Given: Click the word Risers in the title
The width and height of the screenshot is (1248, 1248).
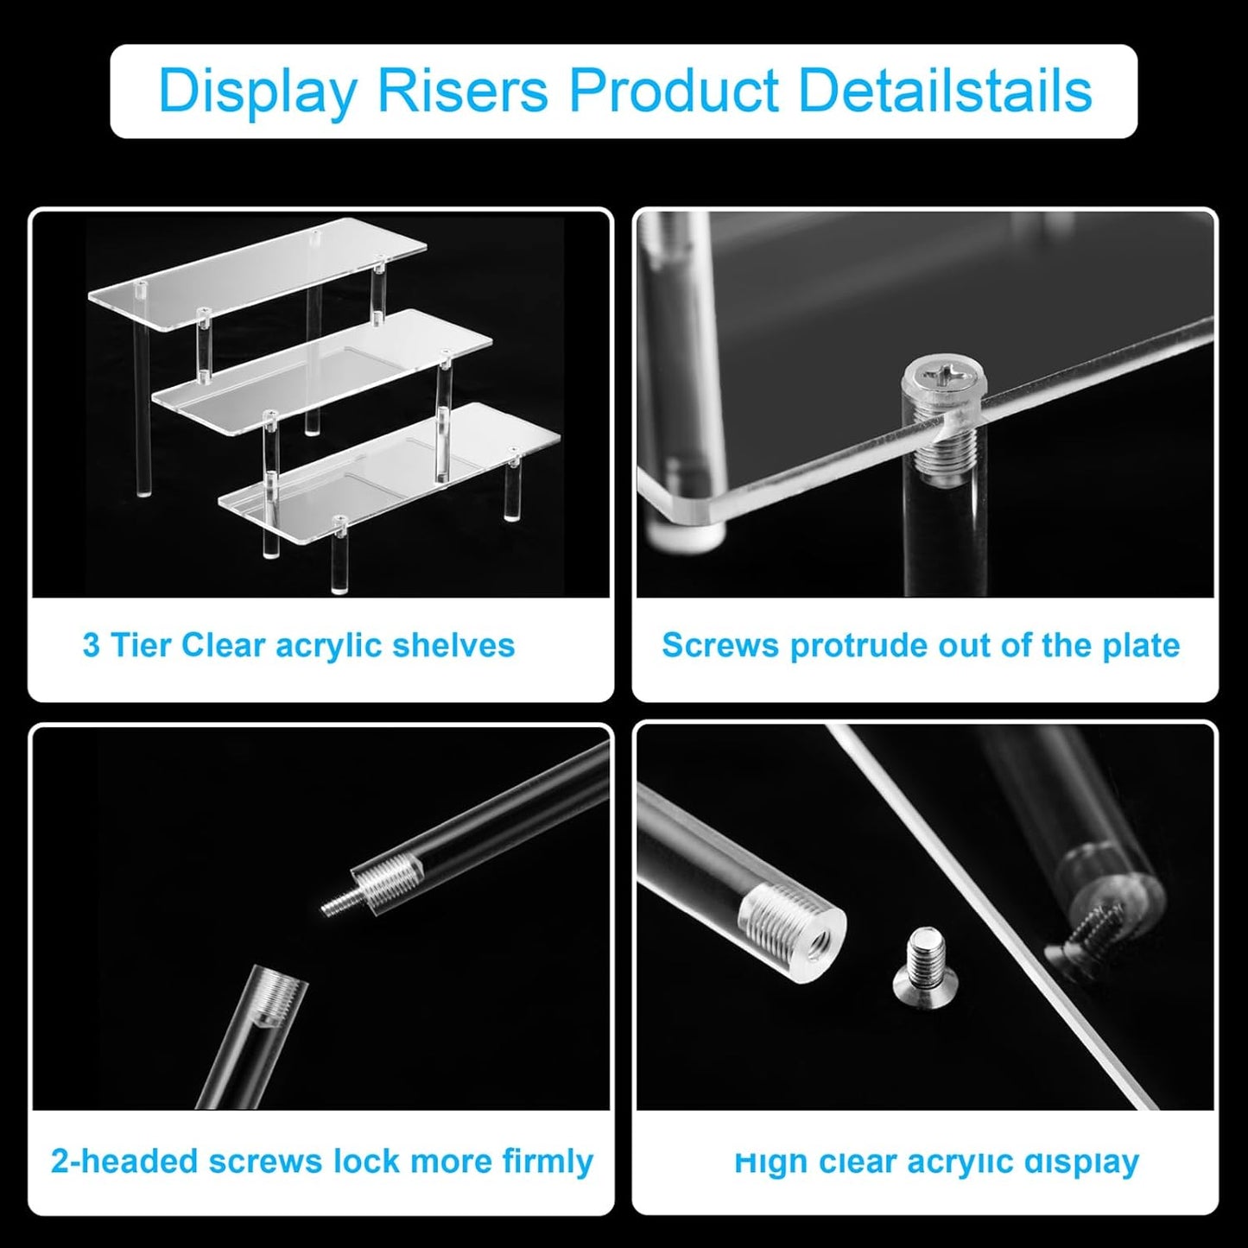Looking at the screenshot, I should (x=463, y=91).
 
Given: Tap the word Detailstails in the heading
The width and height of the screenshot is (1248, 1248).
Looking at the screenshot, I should (x=945, y=91).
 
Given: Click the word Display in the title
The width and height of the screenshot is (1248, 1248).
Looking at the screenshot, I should (x=257, y=91).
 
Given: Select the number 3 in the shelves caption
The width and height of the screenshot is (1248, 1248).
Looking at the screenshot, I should (x=91, y=645).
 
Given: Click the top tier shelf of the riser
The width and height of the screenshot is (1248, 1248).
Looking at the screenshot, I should (x=259, y=272).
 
